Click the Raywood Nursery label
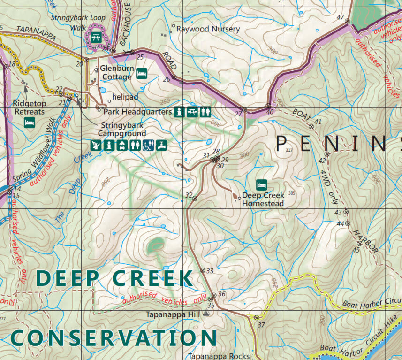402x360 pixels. [x=208, y=29]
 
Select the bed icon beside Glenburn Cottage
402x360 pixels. [x=142, y=73]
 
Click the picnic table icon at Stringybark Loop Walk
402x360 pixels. [x=97, y=37]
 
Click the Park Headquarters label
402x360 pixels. [x=137, y=112]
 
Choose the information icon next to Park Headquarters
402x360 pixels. [x=179, y=112]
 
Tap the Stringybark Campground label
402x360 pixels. [x=122, y=130]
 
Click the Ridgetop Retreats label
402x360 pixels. [x=29, y=107]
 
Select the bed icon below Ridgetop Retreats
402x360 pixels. [x=30, y=123]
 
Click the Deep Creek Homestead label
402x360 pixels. [x=263, y=199]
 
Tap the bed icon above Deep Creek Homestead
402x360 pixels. [x=261, y=184]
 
